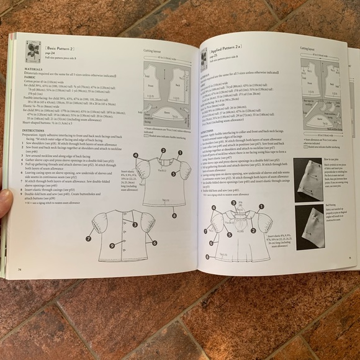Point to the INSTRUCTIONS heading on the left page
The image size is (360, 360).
pos(29,130)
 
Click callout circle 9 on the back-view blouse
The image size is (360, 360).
pos(112,246)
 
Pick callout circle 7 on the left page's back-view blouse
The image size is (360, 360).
pos(89,238)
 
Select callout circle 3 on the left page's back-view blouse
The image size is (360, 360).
pos(135,225)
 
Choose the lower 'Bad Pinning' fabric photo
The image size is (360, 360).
pos(324,227)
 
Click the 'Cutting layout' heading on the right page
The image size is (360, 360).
pos(308,48)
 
